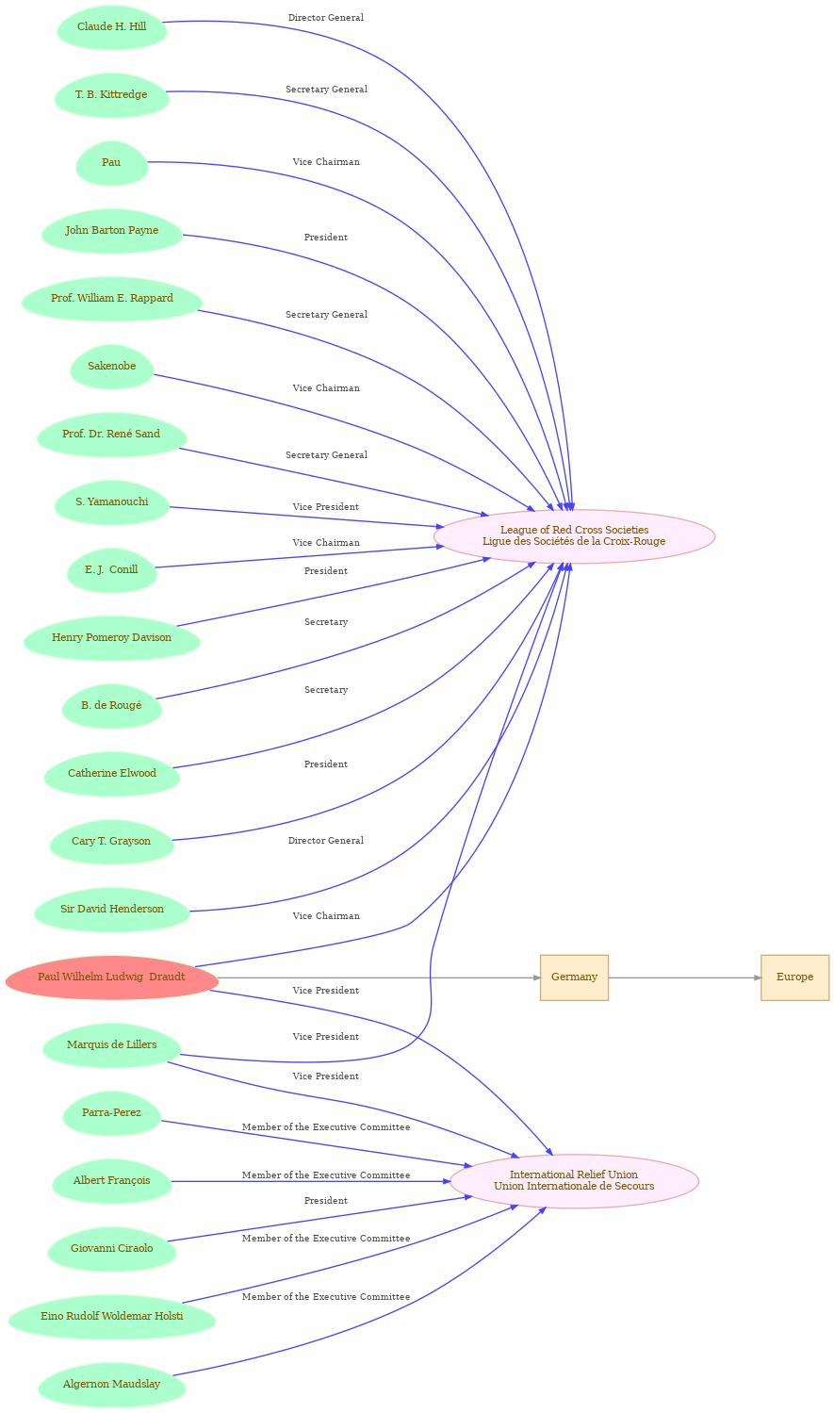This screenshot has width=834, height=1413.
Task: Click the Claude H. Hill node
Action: [111, 27]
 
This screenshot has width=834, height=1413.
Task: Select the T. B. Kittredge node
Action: [111, 94]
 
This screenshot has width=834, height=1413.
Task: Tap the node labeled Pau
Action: [111, 163]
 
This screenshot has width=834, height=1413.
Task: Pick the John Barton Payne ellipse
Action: [111, 231]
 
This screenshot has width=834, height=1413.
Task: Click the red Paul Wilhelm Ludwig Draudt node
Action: [111, 978]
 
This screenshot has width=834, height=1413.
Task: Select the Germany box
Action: [574, 978]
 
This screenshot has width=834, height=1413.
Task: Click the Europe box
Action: [794, 978]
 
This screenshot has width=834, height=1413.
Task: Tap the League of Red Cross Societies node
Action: [574, 536]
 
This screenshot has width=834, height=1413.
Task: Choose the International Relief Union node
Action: [574, 1181]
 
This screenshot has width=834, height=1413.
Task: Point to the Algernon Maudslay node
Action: [111, 1385]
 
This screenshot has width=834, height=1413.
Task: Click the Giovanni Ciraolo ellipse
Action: [111, 1249]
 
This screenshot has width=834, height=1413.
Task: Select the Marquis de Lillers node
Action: [111, 1045]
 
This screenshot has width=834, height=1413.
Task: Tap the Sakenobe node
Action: [111, 367]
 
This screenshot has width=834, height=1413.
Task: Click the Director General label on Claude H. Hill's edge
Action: [325, 18]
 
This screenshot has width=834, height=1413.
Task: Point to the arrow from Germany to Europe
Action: [684, 978]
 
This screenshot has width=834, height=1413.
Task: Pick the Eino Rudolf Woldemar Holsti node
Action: [111, 1317]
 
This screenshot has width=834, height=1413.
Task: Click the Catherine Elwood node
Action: [111, 774]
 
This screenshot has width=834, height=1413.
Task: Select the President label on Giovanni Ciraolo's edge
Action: [325, 1200]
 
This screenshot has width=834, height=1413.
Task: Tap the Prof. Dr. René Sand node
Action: [111, 435]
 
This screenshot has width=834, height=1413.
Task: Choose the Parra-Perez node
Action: [111, 1113]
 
